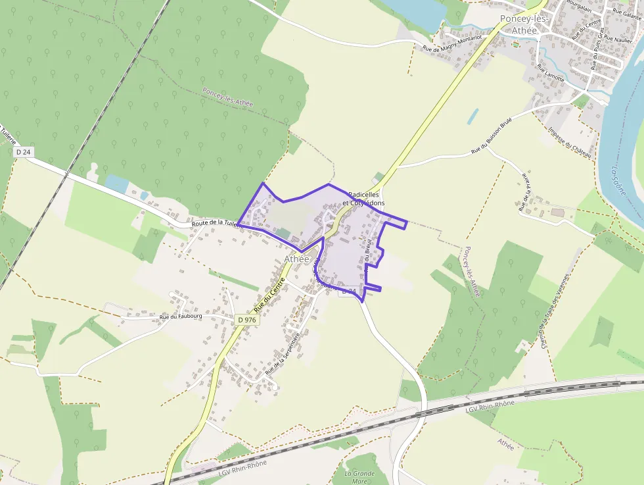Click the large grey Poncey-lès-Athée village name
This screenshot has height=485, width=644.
pos(528,24)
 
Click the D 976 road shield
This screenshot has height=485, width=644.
pos(247,320)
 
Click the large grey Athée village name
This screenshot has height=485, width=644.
pos(296,259)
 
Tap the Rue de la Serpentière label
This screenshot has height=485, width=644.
pos(283,354)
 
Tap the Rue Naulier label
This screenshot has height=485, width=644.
pos(617,40)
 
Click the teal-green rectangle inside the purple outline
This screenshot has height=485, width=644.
pos(283,234)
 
